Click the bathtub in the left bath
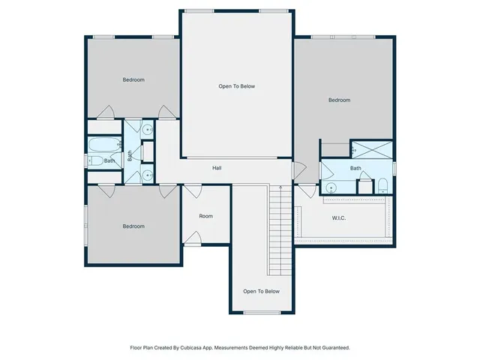tap(102, 144)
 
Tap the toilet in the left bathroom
tap(96, 160)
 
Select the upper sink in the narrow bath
tap(148, 130)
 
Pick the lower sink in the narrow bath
tap(148, 175)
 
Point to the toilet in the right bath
tap(382, 186)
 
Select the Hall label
tap(216, 168)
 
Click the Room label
tap(205, 216)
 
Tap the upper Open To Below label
tap(236, 86)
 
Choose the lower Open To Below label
tap(261, 291)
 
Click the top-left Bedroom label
tap(133, 79)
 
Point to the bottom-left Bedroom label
tap(133, 226)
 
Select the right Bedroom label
tap(339, 100)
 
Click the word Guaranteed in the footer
tap(331, 347)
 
